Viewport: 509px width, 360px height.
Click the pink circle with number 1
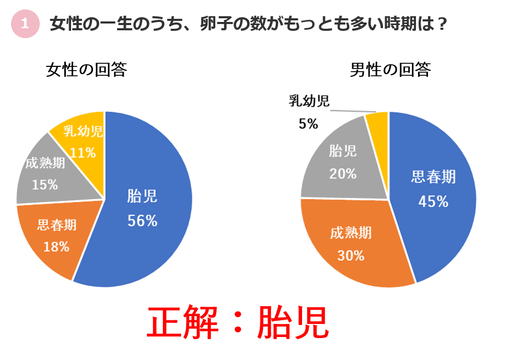[x=25, y=24]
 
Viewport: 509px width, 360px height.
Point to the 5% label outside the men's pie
[x=308, y=124]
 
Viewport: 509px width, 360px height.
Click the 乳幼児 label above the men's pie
[x=309, y=101]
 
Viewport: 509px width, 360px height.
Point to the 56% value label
[x=143, y=221]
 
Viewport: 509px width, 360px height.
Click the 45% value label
[x=433, y=202]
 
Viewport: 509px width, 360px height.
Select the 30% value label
[x=351, y=256]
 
